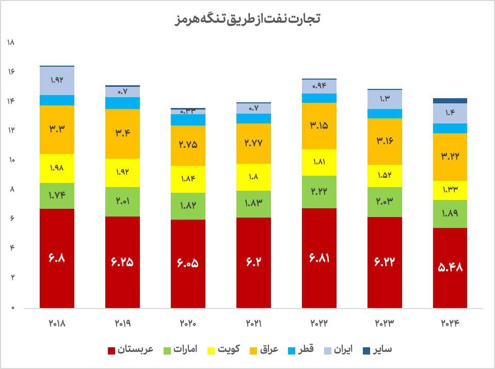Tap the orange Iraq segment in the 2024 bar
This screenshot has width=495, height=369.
[450, 157]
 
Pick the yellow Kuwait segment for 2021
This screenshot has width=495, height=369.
[253, 177]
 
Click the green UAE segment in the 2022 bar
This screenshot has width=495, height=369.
[319, 192]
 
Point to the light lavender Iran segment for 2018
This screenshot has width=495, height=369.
[57, 81]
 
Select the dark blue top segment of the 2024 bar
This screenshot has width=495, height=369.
[450, 100]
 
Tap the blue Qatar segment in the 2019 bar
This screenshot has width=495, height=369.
[122, 103]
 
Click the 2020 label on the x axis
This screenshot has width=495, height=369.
[188, 324]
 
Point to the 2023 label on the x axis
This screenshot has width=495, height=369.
[385, 324]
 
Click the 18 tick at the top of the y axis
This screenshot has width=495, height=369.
[11, 42]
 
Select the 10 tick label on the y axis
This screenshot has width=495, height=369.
[11, 160]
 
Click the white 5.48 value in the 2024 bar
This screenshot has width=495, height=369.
[450, 267]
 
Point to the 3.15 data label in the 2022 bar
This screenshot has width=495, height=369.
[319, 126]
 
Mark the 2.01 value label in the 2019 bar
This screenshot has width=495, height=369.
[122, 201]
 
